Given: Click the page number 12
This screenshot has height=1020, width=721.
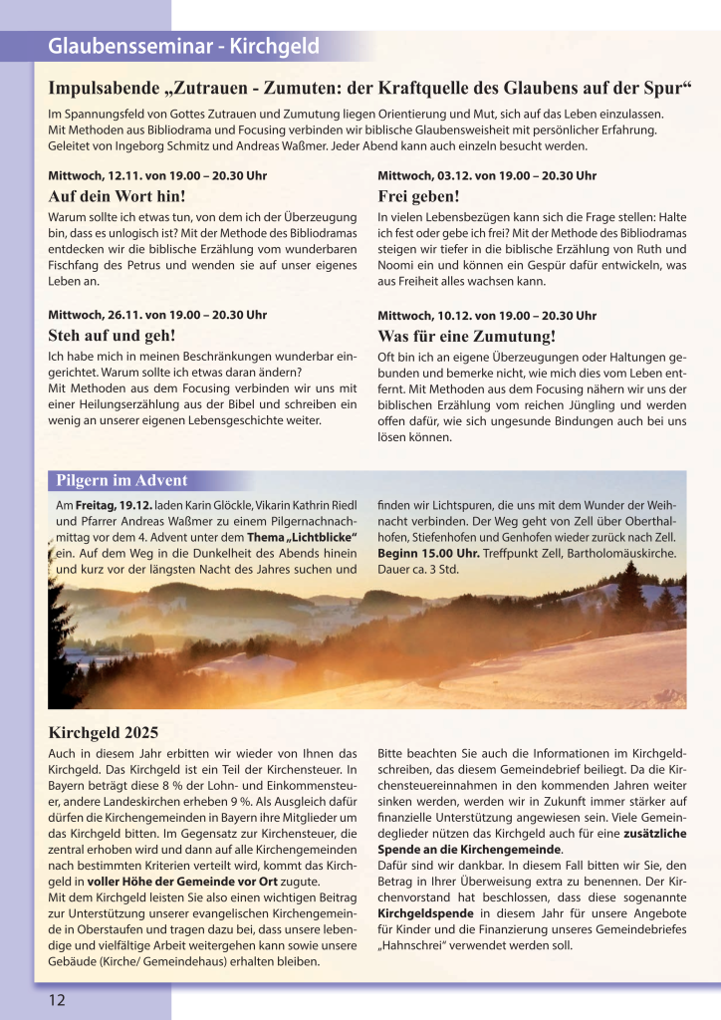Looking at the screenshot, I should point(56,999).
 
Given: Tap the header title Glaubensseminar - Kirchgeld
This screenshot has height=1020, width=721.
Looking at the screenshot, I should point(183,46).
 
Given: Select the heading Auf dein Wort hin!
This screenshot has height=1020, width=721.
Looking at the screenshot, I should point(117,196).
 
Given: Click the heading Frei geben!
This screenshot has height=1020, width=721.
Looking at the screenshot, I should point(418,196).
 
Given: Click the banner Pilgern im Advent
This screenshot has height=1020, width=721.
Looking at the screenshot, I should point(121,482).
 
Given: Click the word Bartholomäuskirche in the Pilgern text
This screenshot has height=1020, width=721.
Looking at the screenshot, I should point(621,553).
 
